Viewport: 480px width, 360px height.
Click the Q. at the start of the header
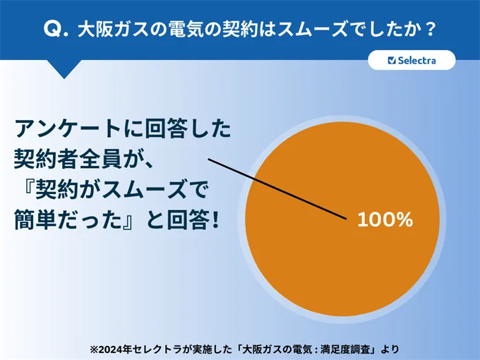[56, 30]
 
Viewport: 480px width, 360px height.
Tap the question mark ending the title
[431, 30]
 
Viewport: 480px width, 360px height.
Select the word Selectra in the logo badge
[416, 60]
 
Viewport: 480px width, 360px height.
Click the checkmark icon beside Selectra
[392, 60]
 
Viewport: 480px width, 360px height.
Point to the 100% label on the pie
[385, 220]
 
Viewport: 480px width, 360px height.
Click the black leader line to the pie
[277, 189]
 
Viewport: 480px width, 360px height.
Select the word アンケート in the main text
[67, 128]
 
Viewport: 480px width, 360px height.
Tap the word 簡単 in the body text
[35, 220]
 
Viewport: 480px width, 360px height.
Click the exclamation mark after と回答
[215, 220]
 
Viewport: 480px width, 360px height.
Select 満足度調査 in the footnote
[346, 349]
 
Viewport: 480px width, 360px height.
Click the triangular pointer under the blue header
[64, 69]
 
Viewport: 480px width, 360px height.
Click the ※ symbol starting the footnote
[94, 349]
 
